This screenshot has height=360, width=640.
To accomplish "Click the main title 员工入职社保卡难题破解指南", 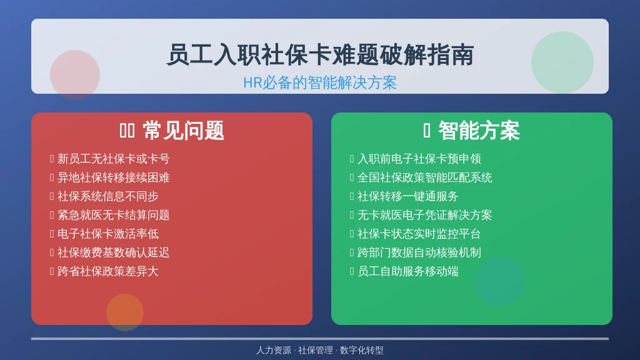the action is click(320, 55).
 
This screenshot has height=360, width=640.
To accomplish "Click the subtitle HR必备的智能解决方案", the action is click(320, 82).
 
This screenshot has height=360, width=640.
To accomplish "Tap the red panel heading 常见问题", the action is click(183, 131).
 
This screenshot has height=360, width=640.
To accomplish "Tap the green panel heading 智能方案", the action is click(479, 131).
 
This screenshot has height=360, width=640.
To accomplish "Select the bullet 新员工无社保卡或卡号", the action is click(114, 159).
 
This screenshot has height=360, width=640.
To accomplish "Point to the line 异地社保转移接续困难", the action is click(114, 177).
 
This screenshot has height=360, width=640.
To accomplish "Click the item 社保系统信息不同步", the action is click(107, 196).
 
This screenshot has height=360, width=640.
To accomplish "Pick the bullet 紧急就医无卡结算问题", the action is click(114, 215).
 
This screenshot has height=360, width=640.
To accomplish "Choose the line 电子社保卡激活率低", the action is click(107, 234).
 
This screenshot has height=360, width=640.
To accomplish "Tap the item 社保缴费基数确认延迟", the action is click(114, 252).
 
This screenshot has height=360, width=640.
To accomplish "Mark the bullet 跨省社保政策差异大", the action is click(107, 271).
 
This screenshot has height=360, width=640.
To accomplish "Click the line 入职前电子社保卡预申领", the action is click(419, 159).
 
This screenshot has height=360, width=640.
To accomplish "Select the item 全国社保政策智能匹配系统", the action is click(425, 177).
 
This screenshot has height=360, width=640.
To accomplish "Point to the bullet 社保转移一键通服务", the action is click(407, 196).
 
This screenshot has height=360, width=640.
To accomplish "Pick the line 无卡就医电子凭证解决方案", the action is click(425, 215).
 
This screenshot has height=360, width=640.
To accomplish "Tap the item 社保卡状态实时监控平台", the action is click(419, 234).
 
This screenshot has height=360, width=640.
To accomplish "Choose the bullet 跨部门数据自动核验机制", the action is click(419, 252).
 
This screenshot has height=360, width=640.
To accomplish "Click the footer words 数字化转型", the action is click(362, 350).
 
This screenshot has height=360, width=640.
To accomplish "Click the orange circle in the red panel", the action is click(125, 312).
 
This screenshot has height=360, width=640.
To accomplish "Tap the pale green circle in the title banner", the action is click(562, 62).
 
